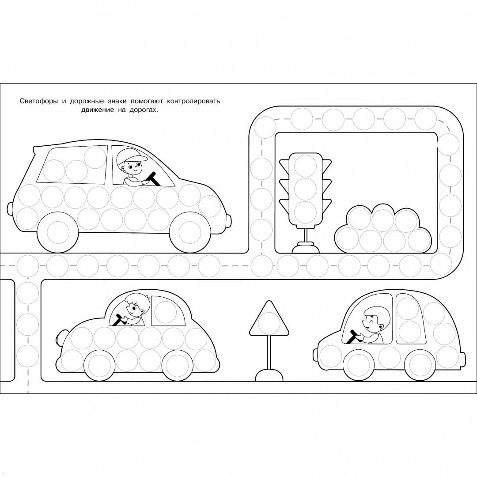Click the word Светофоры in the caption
tap(38, 101)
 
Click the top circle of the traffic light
tap(305, 165)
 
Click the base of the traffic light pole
tap(306, 247)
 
